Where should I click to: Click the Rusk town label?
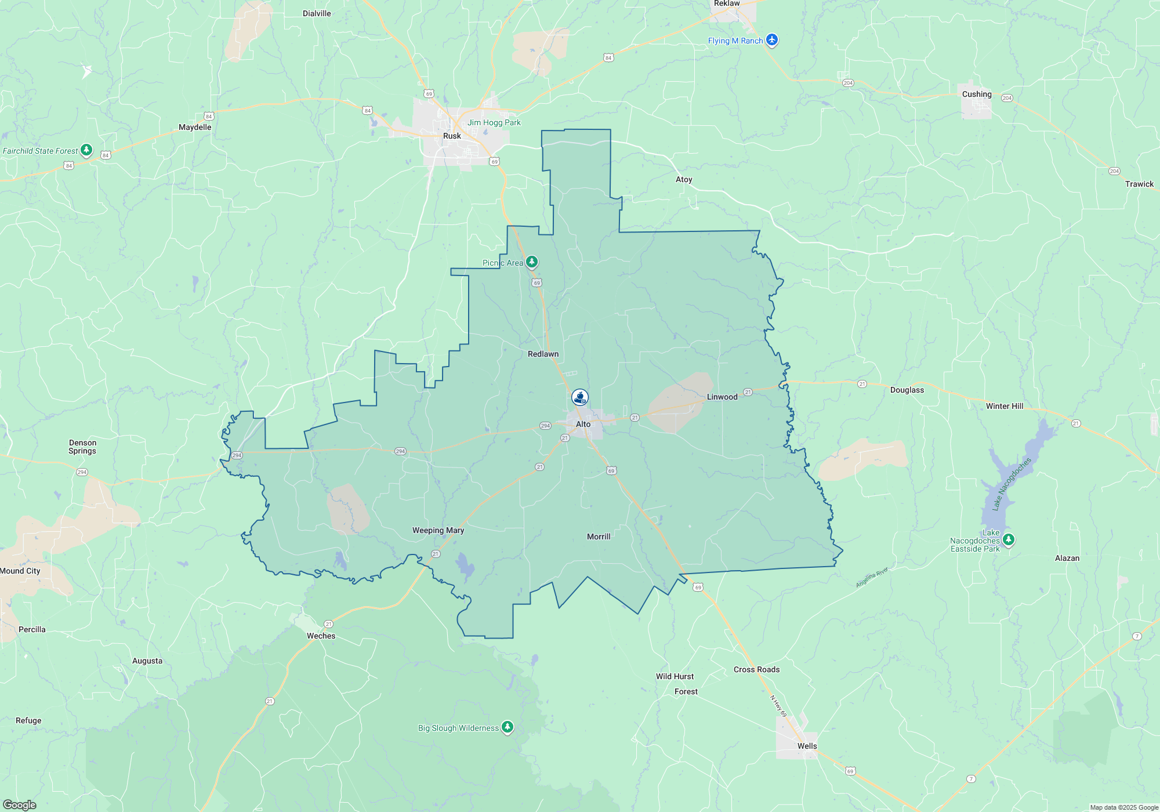coord(452,136)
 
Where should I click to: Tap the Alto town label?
coord(583,425)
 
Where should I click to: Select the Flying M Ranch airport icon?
coord(771,40)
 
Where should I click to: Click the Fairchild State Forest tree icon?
coord(86,150)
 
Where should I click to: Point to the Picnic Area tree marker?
coord(531,262)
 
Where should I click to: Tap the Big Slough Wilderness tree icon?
coord(507,727)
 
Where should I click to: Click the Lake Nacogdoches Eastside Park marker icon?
coord(1009,540)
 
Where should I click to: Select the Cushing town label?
coord(977,95)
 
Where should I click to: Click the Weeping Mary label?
coord(438,531)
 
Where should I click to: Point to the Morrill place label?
coord(599,537)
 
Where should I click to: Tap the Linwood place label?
coord(722,397)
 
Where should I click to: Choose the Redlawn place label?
coord(543,354)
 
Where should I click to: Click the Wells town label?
coord(807,746)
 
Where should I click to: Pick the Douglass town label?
coord(907,390)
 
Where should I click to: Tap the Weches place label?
coord(321,636)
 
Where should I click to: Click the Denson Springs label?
coord(82,447)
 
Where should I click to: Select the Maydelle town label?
coord(195,128)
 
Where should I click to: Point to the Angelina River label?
coord(872,578)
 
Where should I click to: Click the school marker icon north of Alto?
coord(580,397)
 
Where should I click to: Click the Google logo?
coord(20,805)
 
